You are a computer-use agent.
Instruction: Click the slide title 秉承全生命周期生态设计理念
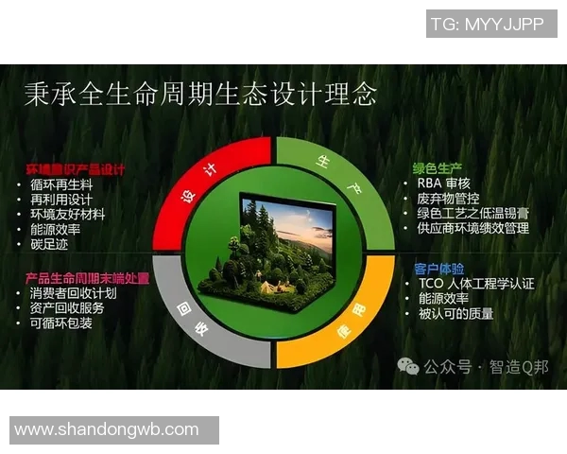point(200,93)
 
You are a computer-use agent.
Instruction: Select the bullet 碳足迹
point(52,244)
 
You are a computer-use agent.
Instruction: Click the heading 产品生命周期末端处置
point(88,278)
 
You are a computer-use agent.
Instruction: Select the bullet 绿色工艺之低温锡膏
point(476,213)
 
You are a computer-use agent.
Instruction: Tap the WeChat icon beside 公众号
point(408,366)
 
